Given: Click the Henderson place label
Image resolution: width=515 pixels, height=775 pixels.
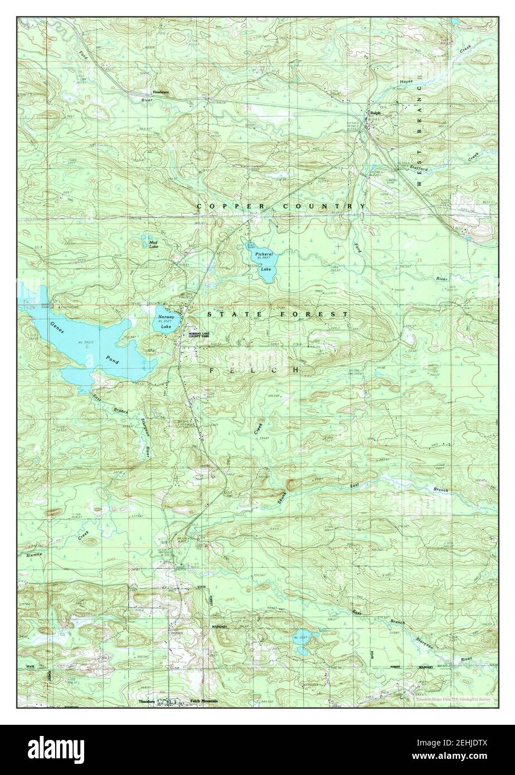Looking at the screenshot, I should (x=161, y=92).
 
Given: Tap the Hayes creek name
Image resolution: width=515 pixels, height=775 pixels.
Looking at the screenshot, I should (x=406, y=82).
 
